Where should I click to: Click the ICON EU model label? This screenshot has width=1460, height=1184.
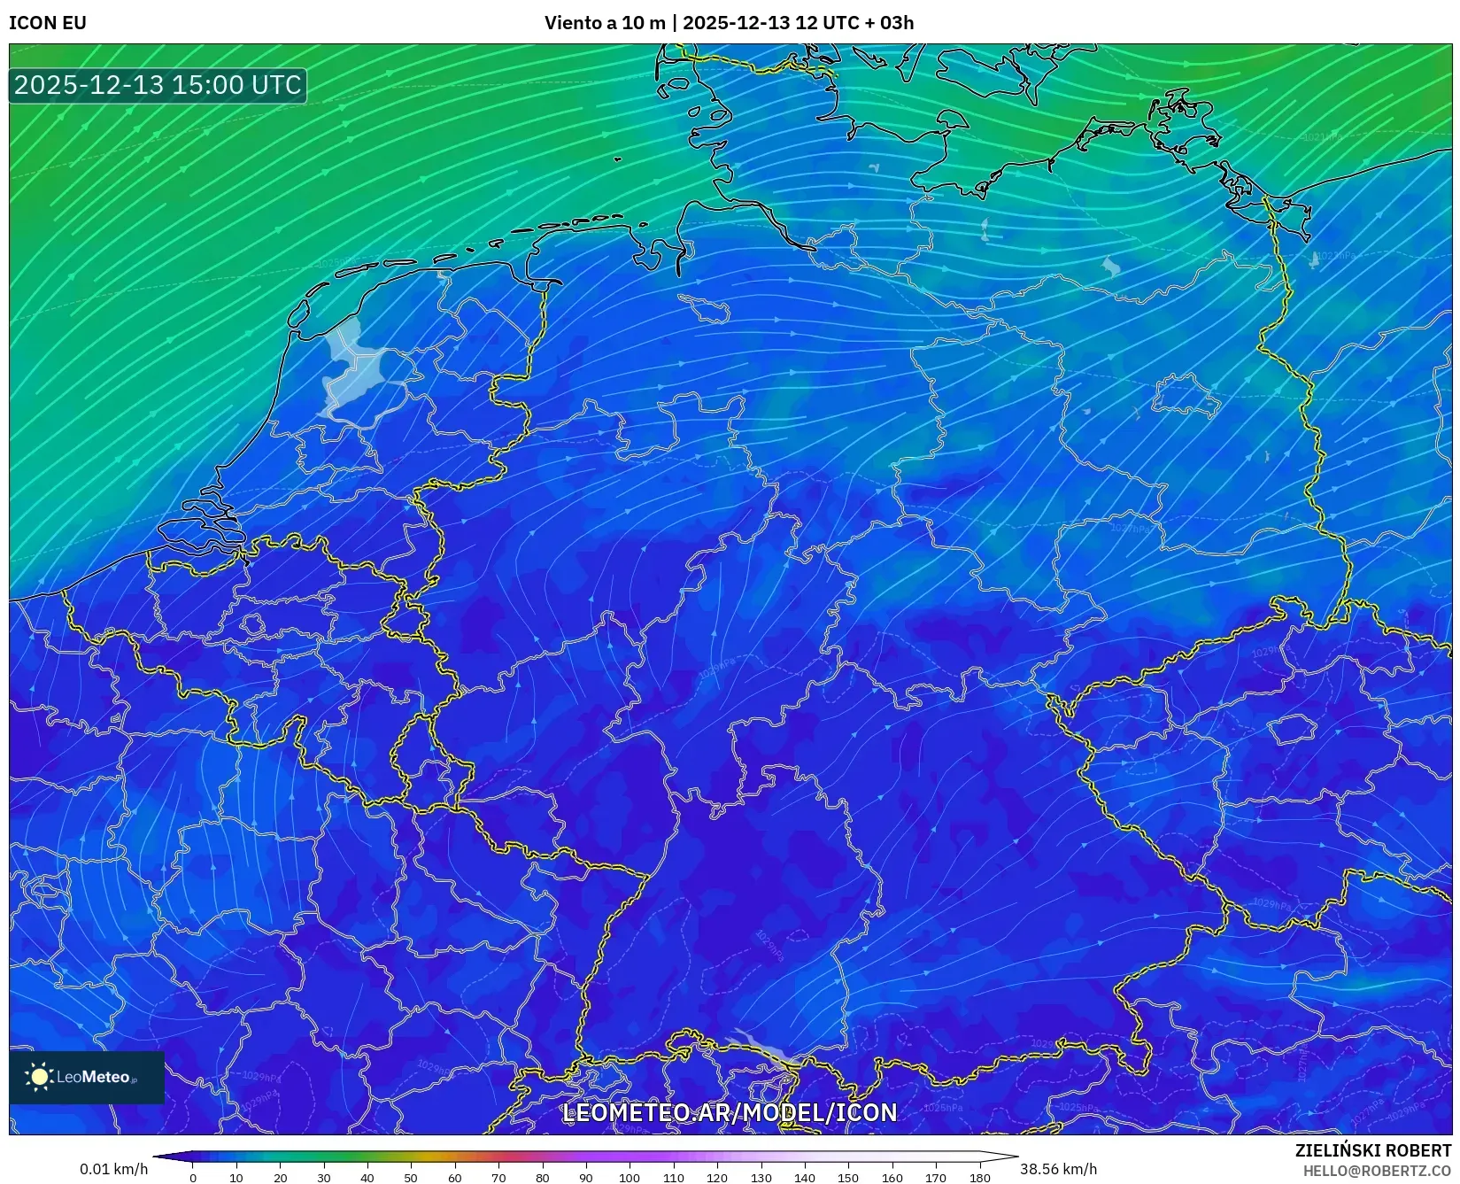point(48,23)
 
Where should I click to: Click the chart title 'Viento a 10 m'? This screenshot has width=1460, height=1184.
point(604,23)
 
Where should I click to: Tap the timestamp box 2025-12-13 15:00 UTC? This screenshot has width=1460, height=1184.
point(158,85)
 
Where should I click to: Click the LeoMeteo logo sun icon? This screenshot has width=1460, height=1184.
point(40,1077)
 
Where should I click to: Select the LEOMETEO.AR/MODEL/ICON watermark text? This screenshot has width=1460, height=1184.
point(730,1112)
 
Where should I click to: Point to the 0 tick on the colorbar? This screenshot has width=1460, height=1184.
point(193,1178)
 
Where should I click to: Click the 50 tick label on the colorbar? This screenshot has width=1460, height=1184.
point(411,1178)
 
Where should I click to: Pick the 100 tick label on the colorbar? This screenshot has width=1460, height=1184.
point(630,1178)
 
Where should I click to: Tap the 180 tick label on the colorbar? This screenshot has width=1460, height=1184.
point(979,1178)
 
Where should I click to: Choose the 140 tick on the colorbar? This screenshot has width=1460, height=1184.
point(804,1178)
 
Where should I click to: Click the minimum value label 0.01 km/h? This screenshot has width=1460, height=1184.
point(114,1169)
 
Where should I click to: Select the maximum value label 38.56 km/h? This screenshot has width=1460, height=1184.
point(1058,1169)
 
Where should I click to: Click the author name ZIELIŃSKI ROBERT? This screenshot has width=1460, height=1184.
point(1373,1150)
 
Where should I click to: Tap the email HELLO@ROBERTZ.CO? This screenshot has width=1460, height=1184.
point(1378,1171)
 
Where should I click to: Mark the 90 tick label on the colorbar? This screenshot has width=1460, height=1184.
point(585,1178)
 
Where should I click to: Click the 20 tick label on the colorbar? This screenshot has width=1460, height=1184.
point(280,1178)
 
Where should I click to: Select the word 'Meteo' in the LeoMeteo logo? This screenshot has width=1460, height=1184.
point(106,1077)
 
